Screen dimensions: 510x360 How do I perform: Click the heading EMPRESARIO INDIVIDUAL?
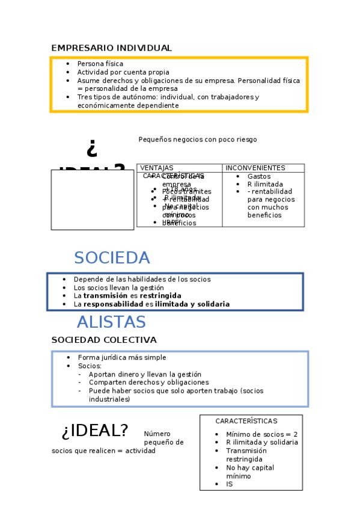111,48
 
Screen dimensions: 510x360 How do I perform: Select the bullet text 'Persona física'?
100,64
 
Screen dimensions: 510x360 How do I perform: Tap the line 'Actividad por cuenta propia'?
123,72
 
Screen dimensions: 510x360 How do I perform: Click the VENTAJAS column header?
156,168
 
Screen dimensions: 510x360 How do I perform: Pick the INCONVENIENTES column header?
255,168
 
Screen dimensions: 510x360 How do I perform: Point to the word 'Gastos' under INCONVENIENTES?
259,176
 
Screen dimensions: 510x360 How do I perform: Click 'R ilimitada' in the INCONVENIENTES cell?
265,184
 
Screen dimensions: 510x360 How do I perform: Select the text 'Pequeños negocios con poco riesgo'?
198,140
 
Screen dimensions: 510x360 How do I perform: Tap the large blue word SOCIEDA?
112,258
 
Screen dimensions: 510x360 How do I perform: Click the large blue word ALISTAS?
111,322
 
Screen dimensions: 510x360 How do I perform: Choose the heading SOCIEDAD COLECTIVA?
104,340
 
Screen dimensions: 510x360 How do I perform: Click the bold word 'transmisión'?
105,296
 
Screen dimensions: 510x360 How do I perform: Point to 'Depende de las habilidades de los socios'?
142,280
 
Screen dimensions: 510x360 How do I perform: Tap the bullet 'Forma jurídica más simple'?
121,357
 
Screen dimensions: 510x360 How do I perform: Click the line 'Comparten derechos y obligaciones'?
148,382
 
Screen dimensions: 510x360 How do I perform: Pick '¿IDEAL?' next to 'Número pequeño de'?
95,431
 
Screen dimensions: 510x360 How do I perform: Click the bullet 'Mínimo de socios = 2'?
261,434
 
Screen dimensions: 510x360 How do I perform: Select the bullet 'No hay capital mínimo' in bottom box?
249,472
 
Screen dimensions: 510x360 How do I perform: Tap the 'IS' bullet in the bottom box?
230,484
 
